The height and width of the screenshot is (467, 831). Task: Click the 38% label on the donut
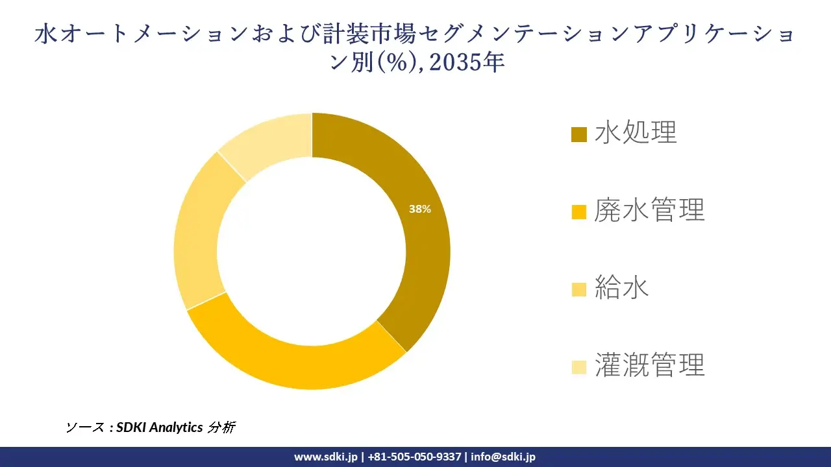pos(419,209)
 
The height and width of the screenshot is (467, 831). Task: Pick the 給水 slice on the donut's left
pos(198,233)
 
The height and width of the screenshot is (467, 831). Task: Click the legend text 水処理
pos(636,132)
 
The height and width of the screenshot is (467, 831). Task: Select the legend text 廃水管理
pos(649,210)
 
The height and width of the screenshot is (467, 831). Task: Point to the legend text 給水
pos(622,288)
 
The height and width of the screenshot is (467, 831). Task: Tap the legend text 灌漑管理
pos(649,366)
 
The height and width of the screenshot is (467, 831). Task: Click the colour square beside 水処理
pos(578,134)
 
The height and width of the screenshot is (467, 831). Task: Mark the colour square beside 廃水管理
pos(578,212)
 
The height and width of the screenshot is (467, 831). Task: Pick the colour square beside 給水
pos(578,290)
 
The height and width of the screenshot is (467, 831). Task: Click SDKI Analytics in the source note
pos(159,427)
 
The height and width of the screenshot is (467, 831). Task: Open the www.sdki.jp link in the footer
pos(325,457)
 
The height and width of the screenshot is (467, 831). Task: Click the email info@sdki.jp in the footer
pos(503,457)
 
